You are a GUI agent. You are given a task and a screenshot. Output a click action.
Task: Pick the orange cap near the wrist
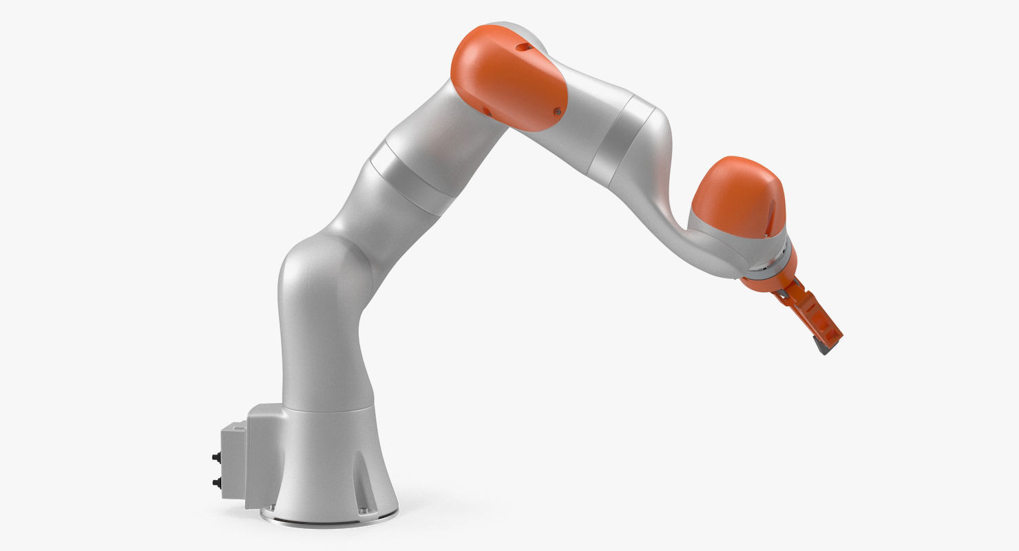[x=737, y=197]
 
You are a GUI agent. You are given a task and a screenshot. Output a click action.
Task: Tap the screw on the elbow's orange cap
[x=557, y=110]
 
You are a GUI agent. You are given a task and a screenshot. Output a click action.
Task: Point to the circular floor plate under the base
[x=330, y=516]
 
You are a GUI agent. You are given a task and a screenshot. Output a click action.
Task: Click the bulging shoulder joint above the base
[x=317, y=289]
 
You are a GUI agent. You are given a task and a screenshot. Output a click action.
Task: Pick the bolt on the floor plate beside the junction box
[x=268, y=510]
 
